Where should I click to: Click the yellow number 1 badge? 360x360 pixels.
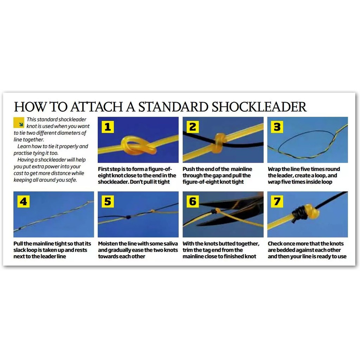[108, 127]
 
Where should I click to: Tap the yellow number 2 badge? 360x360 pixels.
[193, 127]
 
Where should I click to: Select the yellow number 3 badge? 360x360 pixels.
[277, 127]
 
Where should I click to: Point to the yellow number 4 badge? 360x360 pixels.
[24, 201]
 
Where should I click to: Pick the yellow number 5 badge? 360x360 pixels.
[108, 201]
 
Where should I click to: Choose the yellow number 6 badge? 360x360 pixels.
[193, 201]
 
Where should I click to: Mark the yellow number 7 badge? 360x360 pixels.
[277, 201]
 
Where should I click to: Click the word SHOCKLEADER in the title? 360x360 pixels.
[259, 107]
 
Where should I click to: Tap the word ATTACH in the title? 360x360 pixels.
[97, 107]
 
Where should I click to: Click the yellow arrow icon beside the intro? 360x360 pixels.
[19, 123]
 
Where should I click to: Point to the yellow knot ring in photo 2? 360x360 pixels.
[219, 142]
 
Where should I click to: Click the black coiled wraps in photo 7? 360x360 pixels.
[298, 214]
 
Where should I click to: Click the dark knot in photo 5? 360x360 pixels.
[128, 217]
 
